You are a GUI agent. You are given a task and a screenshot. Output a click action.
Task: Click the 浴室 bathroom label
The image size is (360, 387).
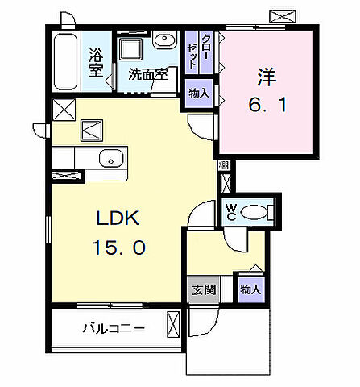coord(95,63)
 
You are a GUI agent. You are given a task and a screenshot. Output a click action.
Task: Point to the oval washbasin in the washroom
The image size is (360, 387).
coord(166,40)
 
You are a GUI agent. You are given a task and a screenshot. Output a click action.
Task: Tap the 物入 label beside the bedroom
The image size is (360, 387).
coord(199,94)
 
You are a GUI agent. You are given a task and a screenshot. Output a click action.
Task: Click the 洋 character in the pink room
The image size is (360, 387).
coord(267,78)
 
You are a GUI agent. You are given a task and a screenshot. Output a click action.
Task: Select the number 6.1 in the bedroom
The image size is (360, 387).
coord(267,105)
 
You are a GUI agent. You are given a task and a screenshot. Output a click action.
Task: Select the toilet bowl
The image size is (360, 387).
coord(256,212)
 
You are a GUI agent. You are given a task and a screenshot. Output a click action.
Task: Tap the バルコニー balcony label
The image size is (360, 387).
coord(113,329)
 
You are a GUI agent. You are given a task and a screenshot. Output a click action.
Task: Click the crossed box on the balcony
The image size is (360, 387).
coord(174,327)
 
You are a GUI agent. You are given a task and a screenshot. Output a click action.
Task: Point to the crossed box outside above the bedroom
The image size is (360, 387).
coord(283,15)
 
